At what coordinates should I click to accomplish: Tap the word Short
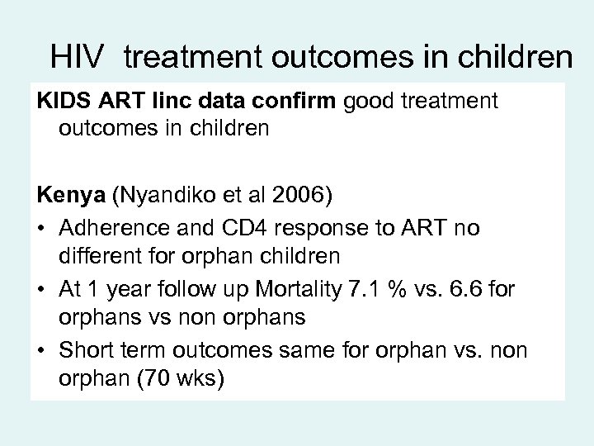[x=85, y=352]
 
